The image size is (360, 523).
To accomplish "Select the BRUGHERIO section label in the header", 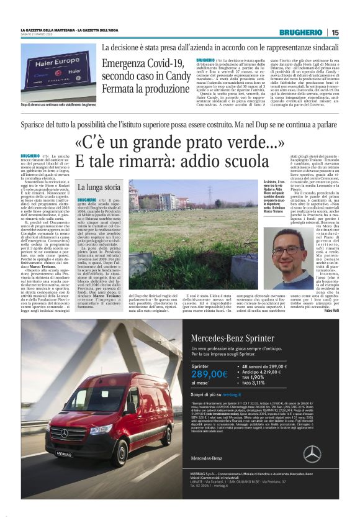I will point(301,32).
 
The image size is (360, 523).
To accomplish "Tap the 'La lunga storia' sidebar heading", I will point(99,187).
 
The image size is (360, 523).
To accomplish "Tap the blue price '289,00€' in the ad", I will point(210,374).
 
